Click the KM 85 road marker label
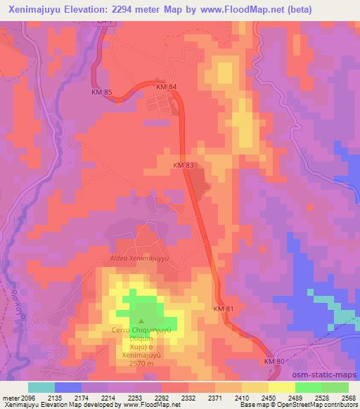102,92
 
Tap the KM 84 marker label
167,86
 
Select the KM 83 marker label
184,165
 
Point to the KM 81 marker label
223,309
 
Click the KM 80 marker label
275,361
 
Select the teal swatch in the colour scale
41,387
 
